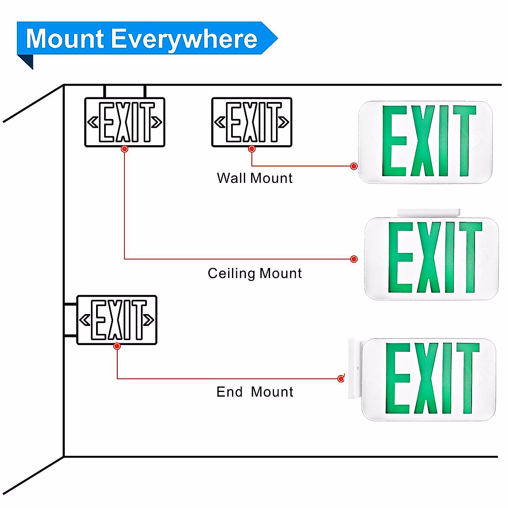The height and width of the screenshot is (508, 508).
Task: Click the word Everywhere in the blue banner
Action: (185, 39)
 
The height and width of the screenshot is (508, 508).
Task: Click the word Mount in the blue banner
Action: (65, 39)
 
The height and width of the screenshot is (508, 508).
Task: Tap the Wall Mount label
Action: (254, 178)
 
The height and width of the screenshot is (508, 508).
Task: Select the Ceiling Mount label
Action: (254, 273)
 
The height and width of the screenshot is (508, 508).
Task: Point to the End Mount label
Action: (254, 392)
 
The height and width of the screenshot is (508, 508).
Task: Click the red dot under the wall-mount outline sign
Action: (252, 149)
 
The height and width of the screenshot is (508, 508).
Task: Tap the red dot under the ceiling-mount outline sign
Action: (124, 149)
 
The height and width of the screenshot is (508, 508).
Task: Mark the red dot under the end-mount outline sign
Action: (117, 346)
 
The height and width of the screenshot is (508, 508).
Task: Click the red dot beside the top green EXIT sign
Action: (354, 166)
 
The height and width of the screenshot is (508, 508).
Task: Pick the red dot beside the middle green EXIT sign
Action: (354, 259)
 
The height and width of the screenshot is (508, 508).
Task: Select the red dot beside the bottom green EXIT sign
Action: (341, 378)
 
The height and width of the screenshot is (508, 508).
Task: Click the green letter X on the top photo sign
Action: (423, 141)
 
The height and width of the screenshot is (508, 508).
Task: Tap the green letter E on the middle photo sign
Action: (400, 257)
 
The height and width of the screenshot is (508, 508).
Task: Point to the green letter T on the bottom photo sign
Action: (467, 378)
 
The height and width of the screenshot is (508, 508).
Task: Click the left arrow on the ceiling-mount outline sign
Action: (93, 122)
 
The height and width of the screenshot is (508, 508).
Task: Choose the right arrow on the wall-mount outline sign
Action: (284, 122)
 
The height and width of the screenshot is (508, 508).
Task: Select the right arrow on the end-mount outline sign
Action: (149, 320)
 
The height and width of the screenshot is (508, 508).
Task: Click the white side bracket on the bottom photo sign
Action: (354, 368)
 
